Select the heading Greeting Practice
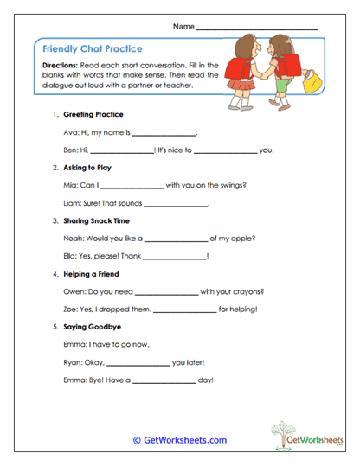[93, 114]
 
